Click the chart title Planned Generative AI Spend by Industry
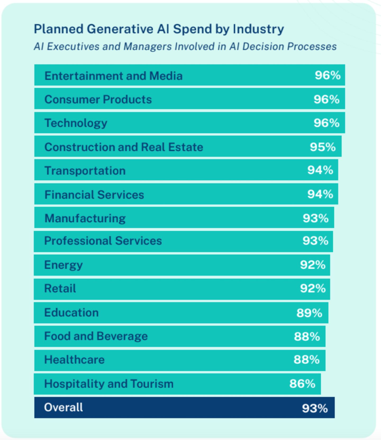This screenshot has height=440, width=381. point(159,29)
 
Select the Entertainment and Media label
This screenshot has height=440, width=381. point(113,76)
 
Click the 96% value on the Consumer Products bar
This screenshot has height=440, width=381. point(326,100)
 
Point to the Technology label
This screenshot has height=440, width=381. point(76,123)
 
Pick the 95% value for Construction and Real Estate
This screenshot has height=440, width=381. point(323,147)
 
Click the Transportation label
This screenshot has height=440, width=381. point(85,171)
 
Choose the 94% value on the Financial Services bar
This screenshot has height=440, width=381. point(320,194)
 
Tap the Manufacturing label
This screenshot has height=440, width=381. point(85,218)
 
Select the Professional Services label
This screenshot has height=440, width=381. point(103,241)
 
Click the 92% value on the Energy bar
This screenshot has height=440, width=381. point(313,265)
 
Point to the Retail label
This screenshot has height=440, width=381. point(60,288)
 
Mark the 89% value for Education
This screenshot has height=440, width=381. point(309,313)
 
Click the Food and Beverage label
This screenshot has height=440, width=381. point(96,336)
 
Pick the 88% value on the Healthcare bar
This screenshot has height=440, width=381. point(307,360)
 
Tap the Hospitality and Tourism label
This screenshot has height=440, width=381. point(109,384)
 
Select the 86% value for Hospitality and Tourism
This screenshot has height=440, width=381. point(302,384)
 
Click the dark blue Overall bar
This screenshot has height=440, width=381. point(185,408)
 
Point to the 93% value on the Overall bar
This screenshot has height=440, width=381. point(315,408)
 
